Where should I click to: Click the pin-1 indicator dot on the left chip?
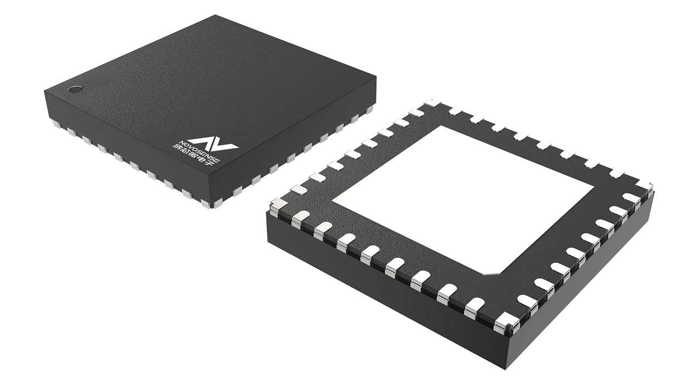(x=75, y=89)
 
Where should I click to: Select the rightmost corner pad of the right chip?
(x=644, y=187)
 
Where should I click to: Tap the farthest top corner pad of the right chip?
(x=432, y=102)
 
